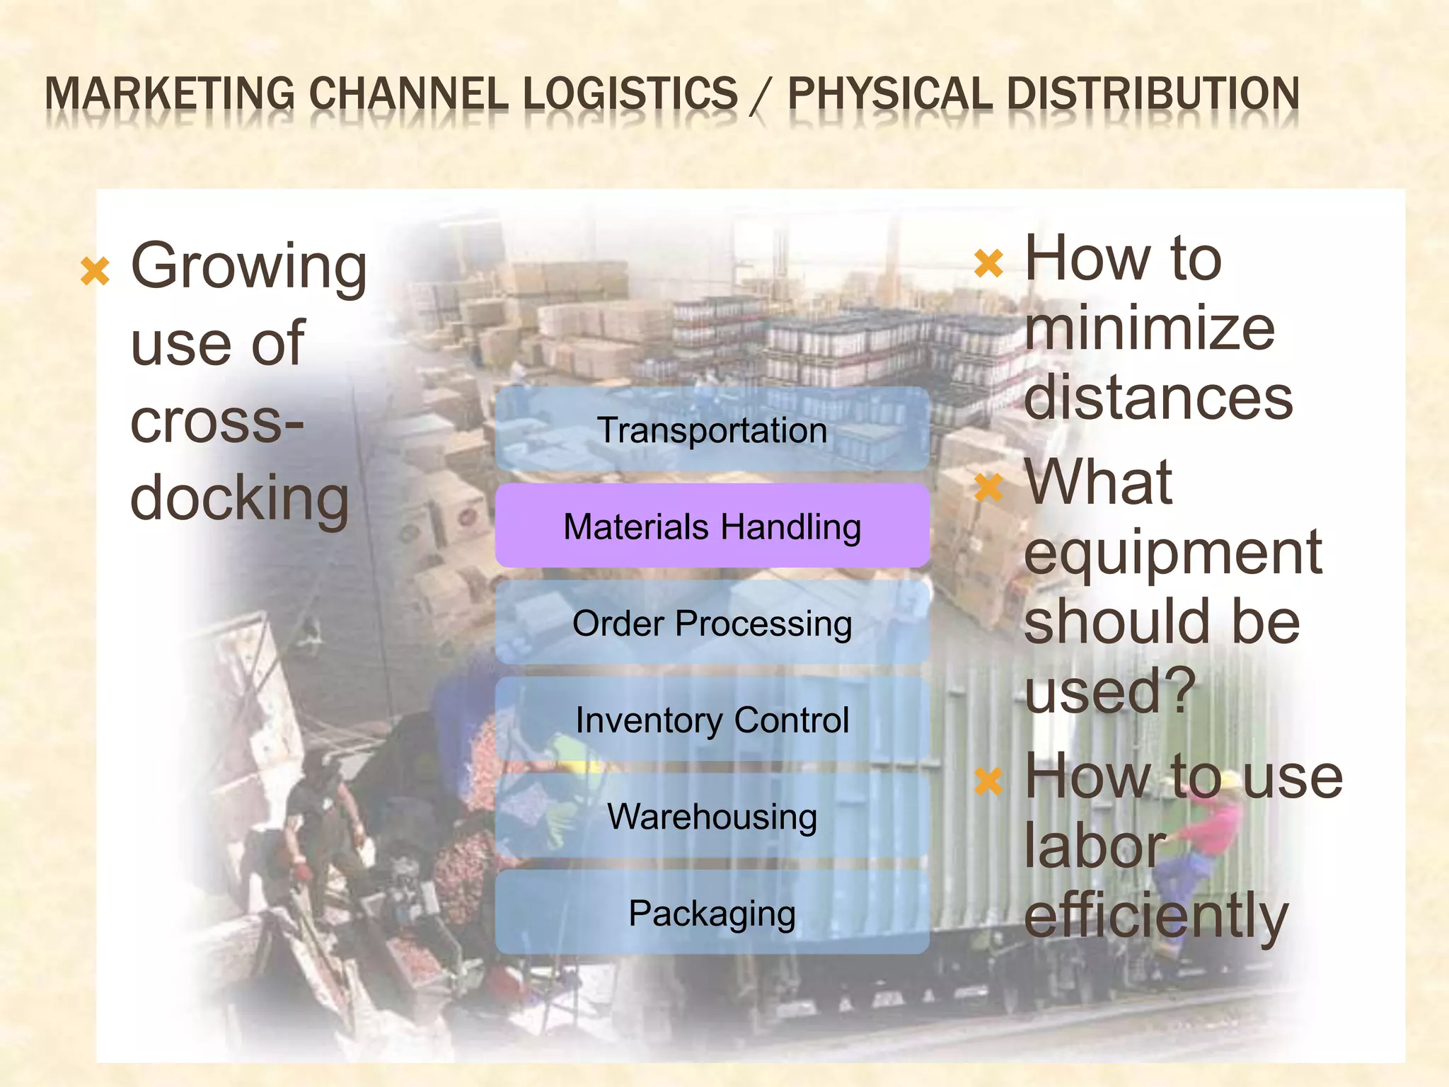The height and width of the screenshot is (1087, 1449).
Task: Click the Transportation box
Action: click(x=712, y=430)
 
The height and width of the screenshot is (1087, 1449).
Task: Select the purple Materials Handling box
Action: click(x=712, y=526)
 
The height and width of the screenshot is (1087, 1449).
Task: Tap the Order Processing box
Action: click(x=712, y=623)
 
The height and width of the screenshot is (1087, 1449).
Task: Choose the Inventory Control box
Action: click(x=712, y=719)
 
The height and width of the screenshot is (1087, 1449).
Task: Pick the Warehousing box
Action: click(x=712, y=816)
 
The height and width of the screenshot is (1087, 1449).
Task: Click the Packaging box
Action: click(x=712, y=912)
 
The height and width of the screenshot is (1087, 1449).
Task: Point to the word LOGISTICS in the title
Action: click(x=630, y=94)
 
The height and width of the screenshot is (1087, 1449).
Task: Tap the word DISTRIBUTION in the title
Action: click(x=1153, y=94)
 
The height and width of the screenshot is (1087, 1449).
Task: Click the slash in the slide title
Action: click(x=761, y=96)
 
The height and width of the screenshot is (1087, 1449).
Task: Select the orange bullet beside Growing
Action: click(x=96, y=271)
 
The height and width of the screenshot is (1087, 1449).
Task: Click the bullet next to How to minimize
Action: click(x=988, y=263)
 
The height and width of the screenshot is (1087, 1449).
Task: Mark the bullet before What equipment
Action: click(x=988, y=487)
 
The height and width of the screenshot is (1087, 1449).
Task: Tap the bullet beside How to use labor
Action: click(x=988, y=781)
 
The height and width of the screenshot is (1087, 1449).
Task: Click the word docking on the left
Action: click(x=240, y=498)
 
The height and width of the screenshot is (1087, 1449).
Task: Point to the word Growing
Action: click(x=249, y=268)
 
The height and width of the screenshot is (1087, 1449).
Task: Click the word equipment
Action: click(x=1172, y=553)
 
